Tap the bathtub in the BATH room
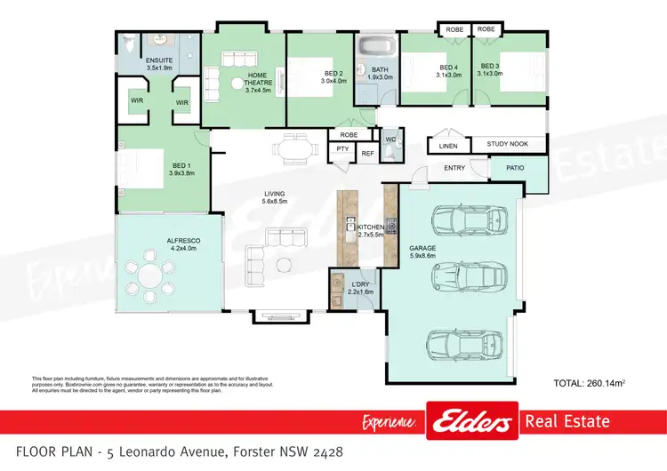click(377, 45)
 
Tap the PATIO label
click(515, 167)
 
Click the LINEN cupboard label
click(447, 146)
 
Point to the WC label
click(390, 140)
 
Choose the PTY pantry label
click(342, 151)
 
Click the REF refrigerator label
click(367, 152)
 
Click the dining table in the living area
click(292, 149)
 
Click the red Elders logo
click(471, 421)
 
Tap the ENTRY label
click(454, 167)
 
